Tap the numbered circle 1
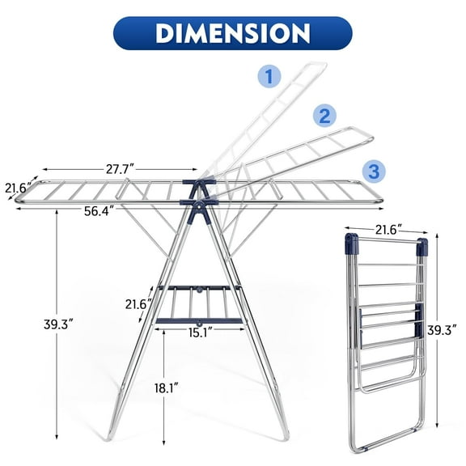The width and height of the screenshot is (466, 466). (269, 78)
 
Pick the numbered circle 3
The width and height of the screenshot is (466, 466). (374, 171)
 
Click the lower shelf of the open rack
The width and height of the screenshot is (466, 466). (200, 303)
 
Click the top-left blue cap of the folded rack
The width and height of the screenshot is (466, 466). (349, 241)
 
